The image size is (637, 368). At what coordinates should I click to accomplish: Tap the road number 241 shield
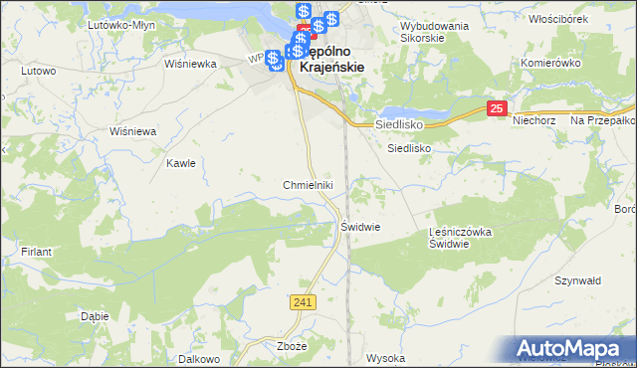306,300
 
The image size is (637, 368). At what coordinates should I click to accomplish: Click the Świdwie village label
360,227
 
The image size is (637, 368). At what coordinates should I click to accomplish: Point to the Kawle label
181,163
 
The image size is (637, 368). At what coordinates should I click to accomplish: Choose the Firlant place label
35,253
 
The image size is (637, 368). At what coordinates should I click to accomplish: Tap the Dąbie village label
93,316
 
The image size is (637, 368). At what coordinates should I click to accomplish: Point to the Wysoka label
385,358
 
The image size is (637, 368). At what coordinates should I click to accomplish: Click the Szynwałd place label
580,281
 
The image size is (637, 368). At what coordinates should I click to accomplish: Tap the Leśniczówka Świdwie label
460,238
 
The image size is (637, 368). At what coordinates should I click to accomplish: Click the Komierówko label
550,62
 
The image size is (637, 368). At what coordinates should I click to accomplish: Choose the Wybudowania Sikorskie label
434,33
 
